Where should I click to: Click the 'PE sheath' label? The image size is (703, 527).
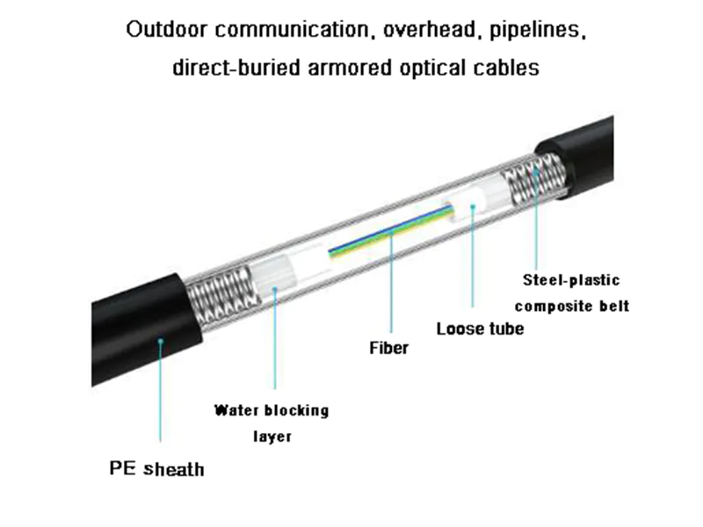click(x=156, y=468)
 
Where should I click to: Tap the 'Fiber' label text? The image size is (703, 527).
click(x=388, y=348)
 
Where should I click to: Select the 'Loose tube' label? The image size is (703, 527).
click(x=480, y=328)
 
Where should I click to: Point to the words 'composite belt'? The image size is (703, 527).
click(x=571, y=307)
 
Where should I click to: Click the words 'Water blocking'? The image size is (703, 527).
click(x=272, y=410)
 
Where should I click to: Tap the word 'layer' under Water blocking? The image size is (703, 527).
click(x=272, y=436)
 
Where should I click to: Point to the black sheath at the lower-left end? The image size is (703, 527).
click(x=141, y=334)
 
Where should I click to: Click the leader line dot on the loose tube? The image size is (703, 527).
click(x=473, y=208)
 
